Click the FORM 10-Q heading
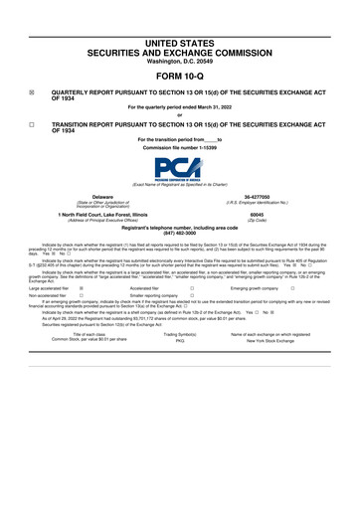pyautogui.click(x=179, y=76)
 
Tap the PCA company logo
pyautogui.click(x=179, y=170)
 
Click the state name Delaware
pyautogui.click(x=102, y=198)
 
